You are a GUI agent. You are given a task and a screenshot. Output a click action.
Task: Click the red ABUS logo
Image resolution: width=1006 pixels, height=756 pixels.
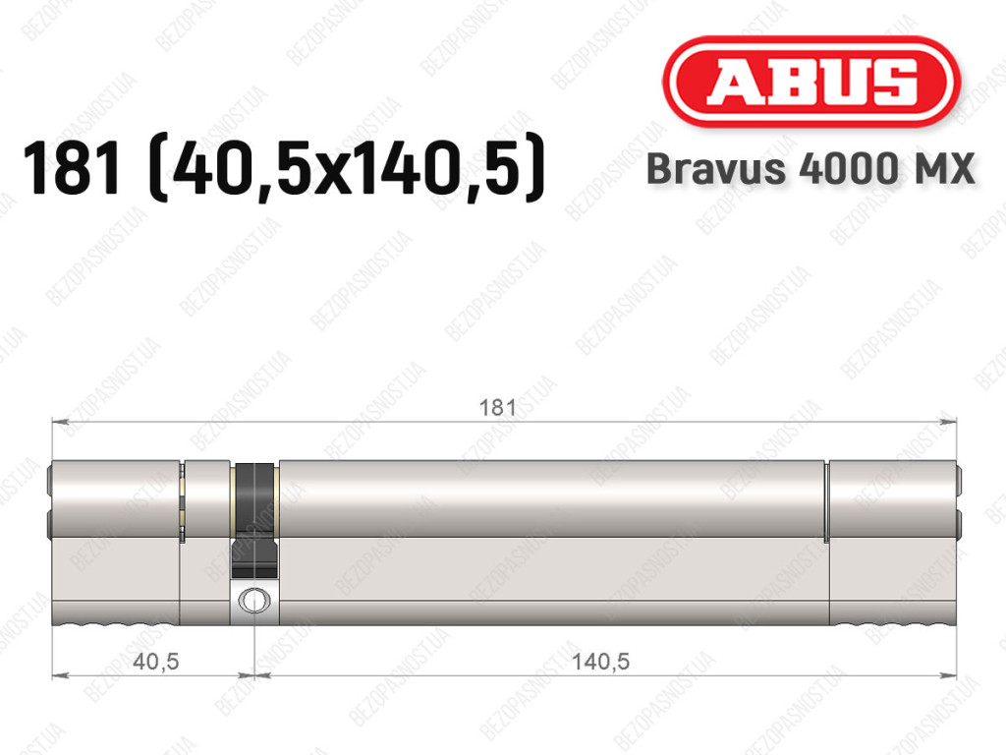(x=810, y=82)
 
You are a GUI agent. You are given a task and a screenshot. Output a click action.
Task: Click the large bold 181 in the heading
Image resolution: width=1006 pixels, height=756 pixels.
(x=71, y=168)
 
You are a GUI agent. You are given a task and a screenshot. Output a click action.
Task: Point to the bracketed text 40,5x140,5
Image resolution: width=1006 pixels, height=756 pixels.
(x=347, y=168)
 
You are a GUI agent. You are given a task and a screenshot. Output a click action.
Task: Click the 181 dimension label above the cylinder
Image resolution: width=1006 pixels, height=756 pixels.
(x=498, y=408)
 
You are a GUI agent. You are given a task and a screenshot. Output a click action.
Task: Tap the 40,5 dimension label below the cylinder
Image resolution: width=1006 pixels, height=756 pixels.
(x=156, y=661)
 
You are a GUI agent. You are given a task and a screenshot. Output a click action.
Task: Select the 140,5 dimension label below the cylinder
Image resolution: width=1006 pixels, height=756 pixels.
(x=600, y=661)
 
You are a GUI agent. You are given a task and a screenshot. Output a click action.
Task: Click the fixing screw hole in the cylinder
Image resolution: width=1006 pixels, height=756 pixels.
(x=254, y=601)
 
